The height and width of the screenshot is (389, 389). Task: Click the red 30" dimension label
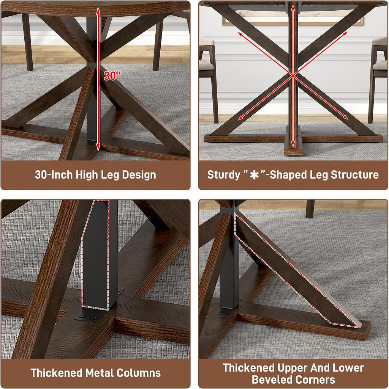click(112, 75)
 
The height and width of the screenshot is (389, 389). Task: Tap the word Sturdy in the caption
click(223, 175)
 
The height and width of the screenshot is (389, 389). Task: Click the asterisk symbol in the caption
click(254, 175)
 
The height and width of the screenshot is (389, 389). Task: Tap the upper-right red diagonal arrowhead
click(345, 34)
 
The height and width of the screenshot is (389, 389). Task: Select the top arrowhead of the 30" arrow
click(98, 10)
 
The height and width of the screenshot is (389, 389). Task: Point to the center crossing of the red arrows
click(293, 75)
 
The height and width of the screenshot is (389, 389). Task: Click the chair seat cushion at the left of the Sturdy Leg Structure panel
click(206, 66)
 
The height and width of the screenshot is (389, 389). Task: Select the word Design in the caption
click(139, 175)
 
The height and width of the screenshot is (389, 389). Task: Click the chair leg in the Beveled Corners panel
click(310, 209)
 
